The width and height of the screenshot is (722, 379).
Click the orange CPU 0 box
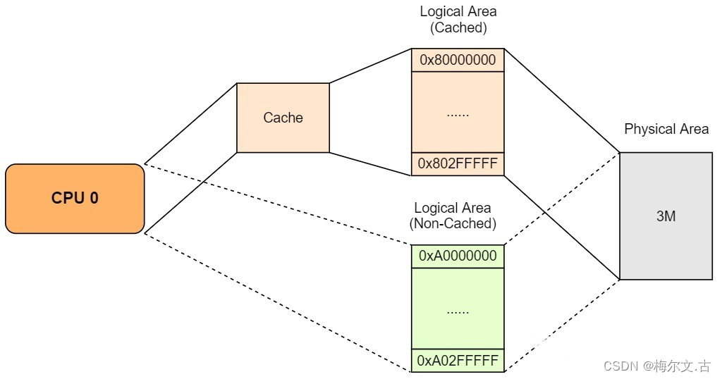click(75, 198)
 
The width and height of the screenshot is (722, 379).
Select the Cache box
click(283, 118)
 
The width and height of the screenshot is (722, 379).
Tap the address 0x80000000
click(458, 60)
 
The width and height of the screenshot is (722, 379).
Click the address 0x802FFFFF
click(458, 164)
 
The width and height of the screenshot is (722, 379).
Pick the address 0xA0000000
click(458, 256)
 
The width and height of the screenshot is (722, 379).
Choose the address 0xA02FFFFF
click(458, 361)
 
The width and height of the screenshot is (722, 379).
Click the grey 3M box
click(666, 216)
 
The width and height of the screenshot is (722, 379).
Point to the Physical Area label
click(666, 130)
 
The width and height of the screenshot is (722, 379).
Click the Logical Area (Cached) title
click(458, 20)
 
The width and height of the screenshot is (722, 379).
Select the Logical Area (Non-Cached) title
click(453, 216)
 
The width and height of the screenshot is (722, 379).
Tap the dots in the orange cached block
click(458, 113)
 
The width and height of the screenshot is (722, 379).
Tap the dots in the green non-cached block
click(458, 309)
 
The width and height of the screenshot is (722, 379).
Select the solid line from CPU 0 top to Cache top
click(190, 123)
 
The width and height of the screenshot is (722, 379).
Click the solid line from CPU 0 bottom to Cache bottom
click(190, 192)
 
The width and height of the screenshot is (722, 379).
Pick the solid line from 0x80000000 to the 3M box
click(562, 101)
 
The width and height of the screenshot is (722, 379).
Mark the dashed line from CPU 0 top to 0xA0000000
click(278, 204)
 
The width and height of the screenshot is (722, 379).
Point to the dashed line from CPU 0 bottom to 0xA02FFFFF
click(278, 302)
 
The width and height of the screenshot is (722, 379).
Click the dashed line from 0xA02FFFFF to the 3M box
click(562, 325)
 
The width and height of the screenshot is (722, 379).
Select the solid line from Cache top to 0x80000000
click(370, 66)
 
